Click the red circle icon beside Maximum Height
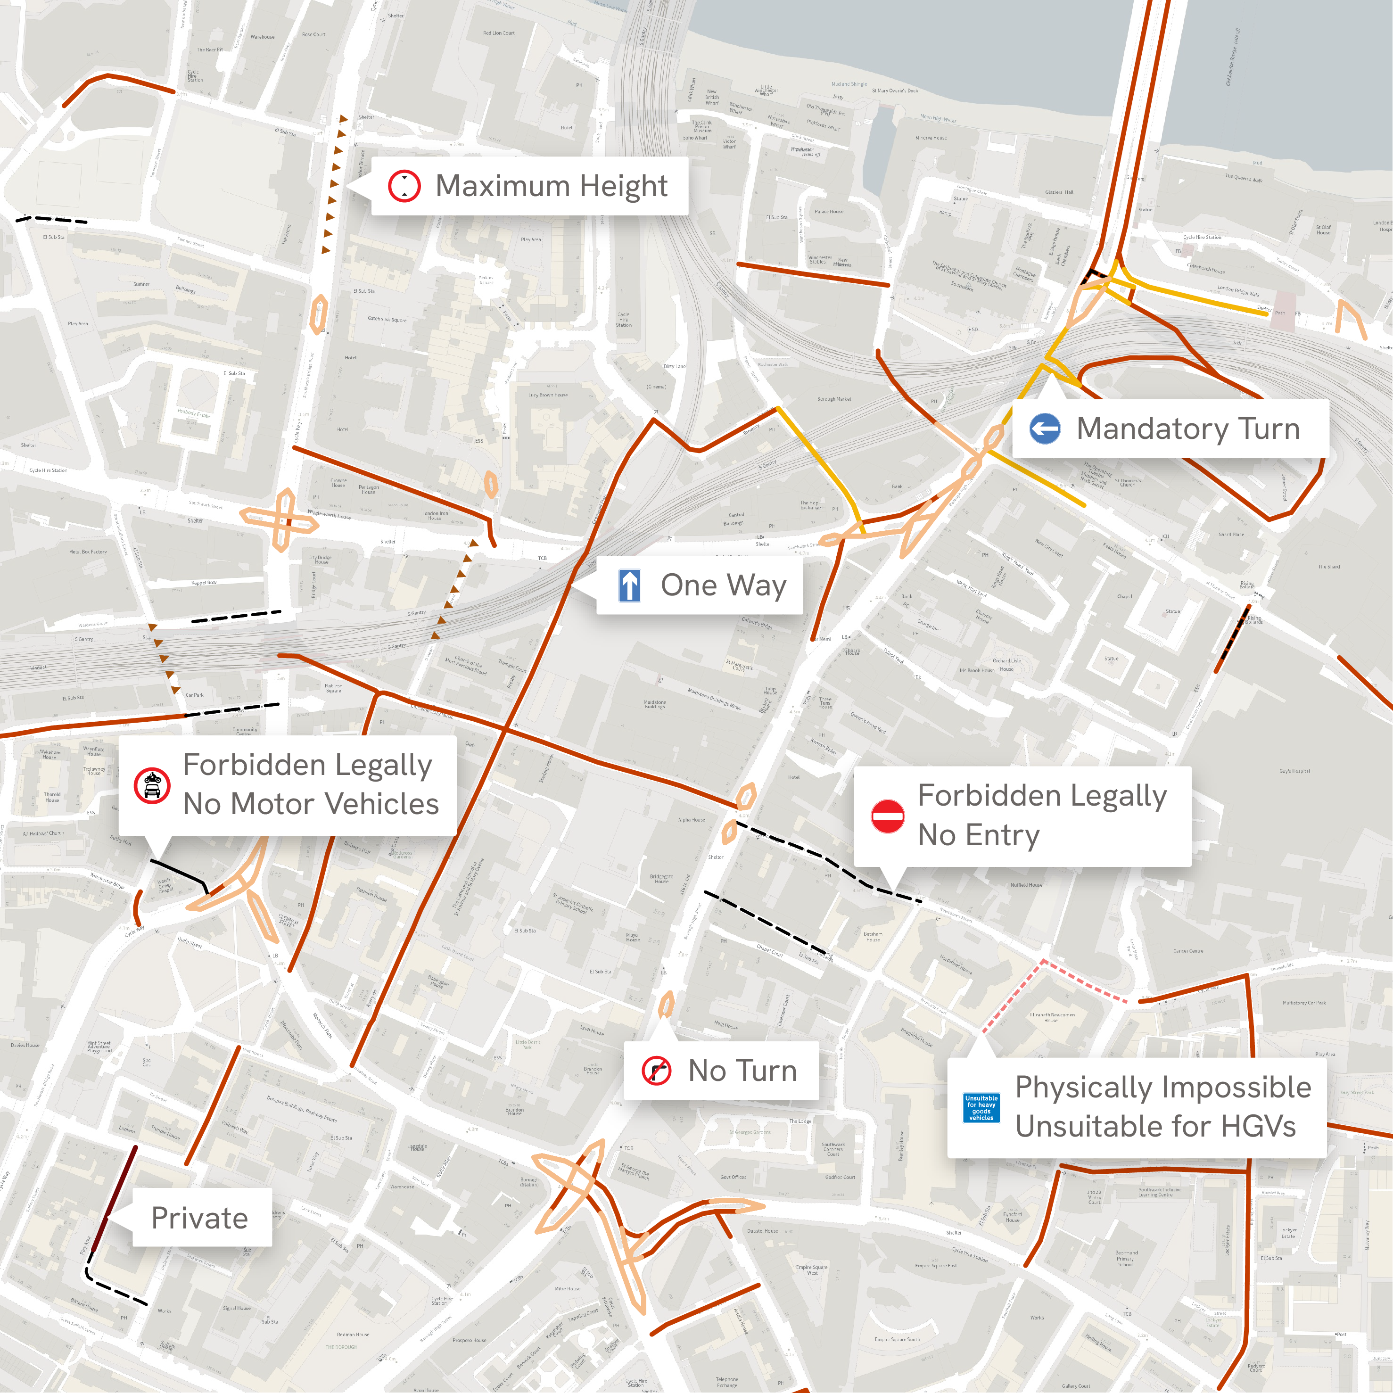[x=404, y=186]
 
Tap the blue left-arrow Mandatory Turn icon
[x=1045, y=429]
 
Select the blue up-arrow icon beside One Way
[x=629, y=585]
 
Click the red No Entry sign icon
[x=888, y=816]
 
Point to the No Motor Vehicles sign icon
[x=152, y=785]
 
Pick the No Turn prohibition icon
[x=656, y=1071]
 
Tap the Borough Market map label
[x=834, y=399]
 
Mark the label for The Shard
[x=1329, y=567]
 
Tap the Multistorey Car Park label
[x=1303, y=1003]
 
